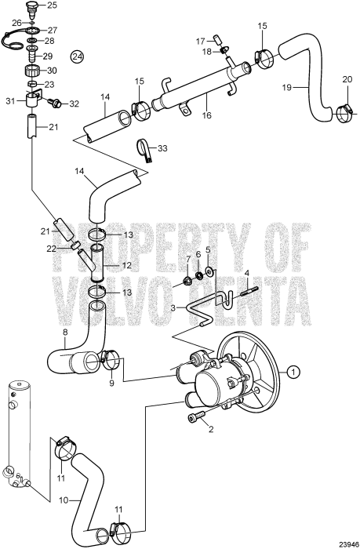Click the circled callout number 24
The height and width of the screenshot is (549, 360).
[77, 56]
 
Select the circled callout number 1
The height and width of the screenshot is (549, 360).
[292, 371]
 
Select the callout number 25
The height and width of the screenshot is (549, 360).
[52, 5]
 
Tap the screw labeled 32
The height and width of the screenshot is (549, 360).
[57, 103]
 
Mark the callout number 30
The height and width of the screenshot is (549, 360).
[49, 70]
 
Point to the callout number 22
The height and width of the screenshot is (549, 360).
[49, 248]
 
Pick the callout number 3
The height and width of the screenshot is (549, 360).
[173, 308]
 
